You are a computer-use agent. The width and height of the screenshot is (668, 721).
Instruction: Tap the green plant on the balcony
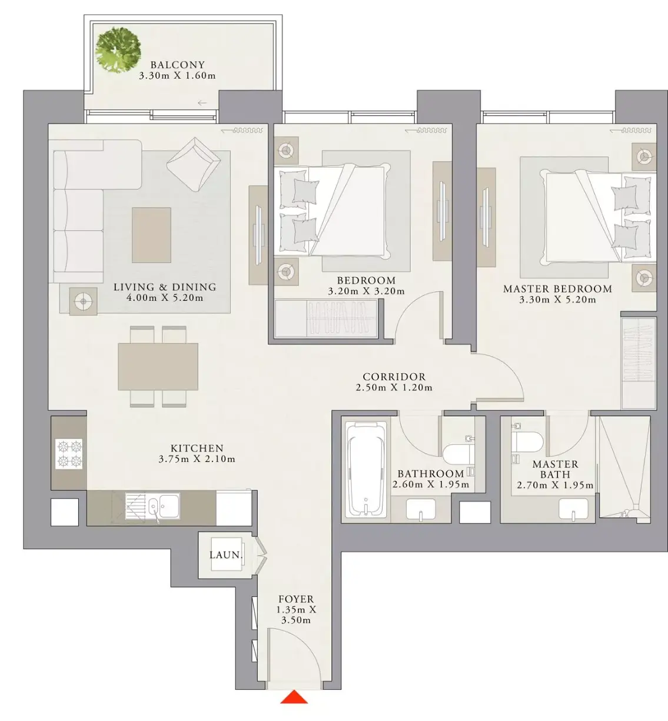118,50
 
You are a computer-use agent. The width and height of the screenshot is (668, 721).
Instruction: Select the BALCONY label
178,65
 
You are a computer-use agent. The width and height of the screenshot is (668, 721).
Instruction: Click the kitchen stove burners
69,454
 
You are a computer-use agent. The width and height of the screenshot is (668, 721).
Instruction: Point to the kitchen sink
152,506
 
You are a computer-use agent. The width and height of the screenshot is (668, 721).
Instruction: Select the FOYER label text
296,599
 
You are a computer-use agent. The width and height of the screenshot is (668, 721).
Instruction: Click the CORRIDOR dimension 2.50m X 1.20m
394,388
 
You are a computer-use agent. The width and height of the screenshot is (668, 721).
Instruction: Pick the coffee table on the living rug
151,235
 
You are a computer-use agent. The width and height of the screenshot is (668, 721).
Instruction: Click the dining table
158,367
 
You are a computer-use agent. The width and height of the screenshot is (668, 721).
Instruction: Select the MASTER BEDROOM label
557,289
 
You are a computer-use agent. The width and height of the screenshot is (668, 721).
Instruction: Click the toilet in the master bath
526,441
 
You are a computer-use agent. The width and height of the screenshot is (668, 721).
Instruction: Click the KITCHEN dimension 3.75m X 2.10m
197,459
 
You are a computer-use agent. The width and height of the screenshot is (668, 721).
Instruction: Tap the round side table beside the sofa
83,301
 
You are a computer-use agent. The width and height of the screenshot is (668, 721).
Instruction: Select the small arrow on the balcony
202,103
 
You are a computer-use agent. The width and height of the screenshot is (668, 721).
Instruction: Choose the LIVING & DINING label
165,287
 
